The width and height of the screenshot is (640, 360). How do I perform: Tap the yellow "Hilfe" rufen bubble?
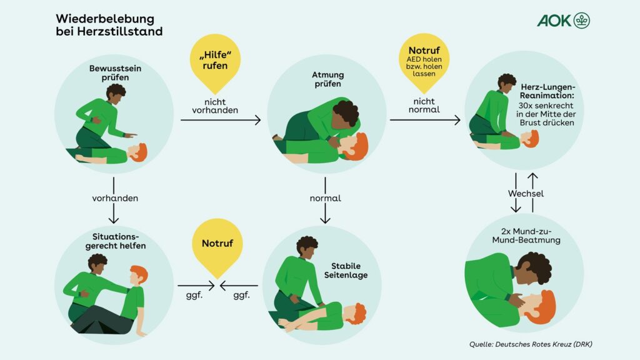pyautogui.click(x=214, y=60)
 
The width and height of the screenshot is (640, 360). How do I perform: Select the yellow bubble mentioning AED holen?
pyautogui.click(x=425, y=60)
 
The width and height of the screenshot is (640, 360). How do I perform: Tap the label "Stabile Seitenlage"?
pyautogui.click(x=346, y=271)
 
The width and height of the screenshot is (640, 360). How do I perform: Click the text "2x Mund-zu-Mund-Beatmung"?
pyautogui.click(x=526, y=235)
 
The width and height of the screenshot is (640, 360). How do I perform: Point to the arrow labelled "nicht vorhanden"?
pyautogui.click(x=220, y=120)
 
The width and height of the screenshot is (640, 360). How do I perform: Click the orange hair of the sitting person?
pyautogui.click(x=139, y=273)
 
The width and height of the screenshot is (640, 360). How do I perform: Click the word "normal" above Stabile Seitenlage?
pyautogui.click(x=326, y=198)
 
